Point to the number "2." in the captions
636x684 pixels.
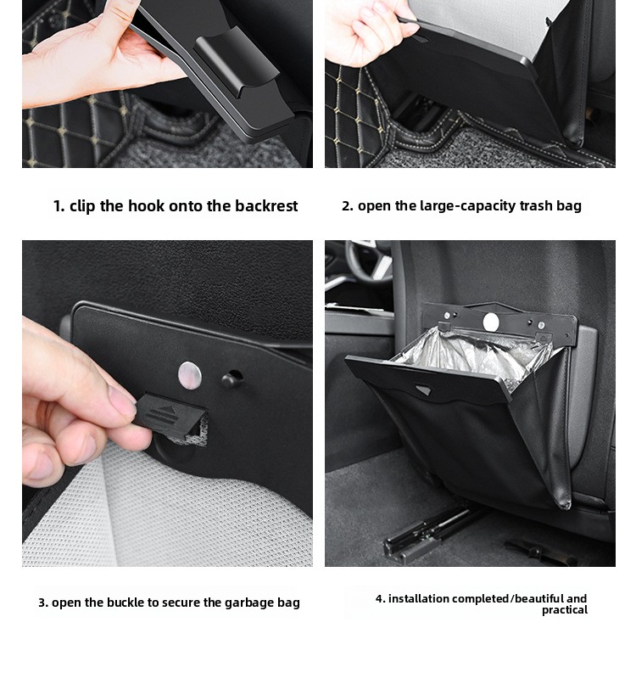348,206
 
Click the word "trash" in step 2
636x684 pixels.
519,206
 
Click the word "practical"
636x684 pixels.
565,610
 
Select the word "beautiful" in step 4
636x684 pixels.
538,598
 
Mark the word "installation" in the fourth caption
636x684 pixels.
418,598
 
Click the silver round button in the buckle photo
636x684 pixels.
190,376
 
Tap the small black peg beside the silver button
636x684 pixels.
231,380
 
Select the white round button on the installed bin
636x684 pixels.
491,322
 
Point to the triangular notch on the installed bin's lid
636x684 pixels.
423,390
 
